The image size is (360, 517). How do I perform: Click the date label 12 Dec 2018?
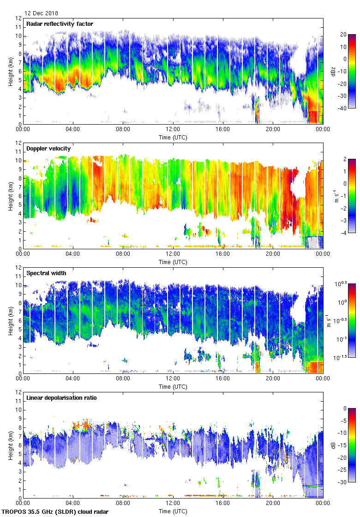click(41, 13)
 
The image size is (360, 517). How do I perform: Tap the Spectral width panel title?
click(46, 273)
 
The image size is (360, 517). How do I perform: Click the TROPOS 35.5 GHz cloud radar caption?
click(55, 511)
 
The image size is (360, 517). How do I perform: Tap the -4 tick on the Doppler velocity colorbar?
click(344, 233)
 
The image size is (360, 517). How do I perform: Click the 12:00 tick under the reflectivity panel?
click(173, 130)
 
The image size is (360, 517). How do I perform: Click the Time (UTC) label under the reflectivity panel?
click(173, 137)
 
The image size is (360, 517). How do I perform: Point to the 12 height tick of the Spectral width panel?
click(18, 267)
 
